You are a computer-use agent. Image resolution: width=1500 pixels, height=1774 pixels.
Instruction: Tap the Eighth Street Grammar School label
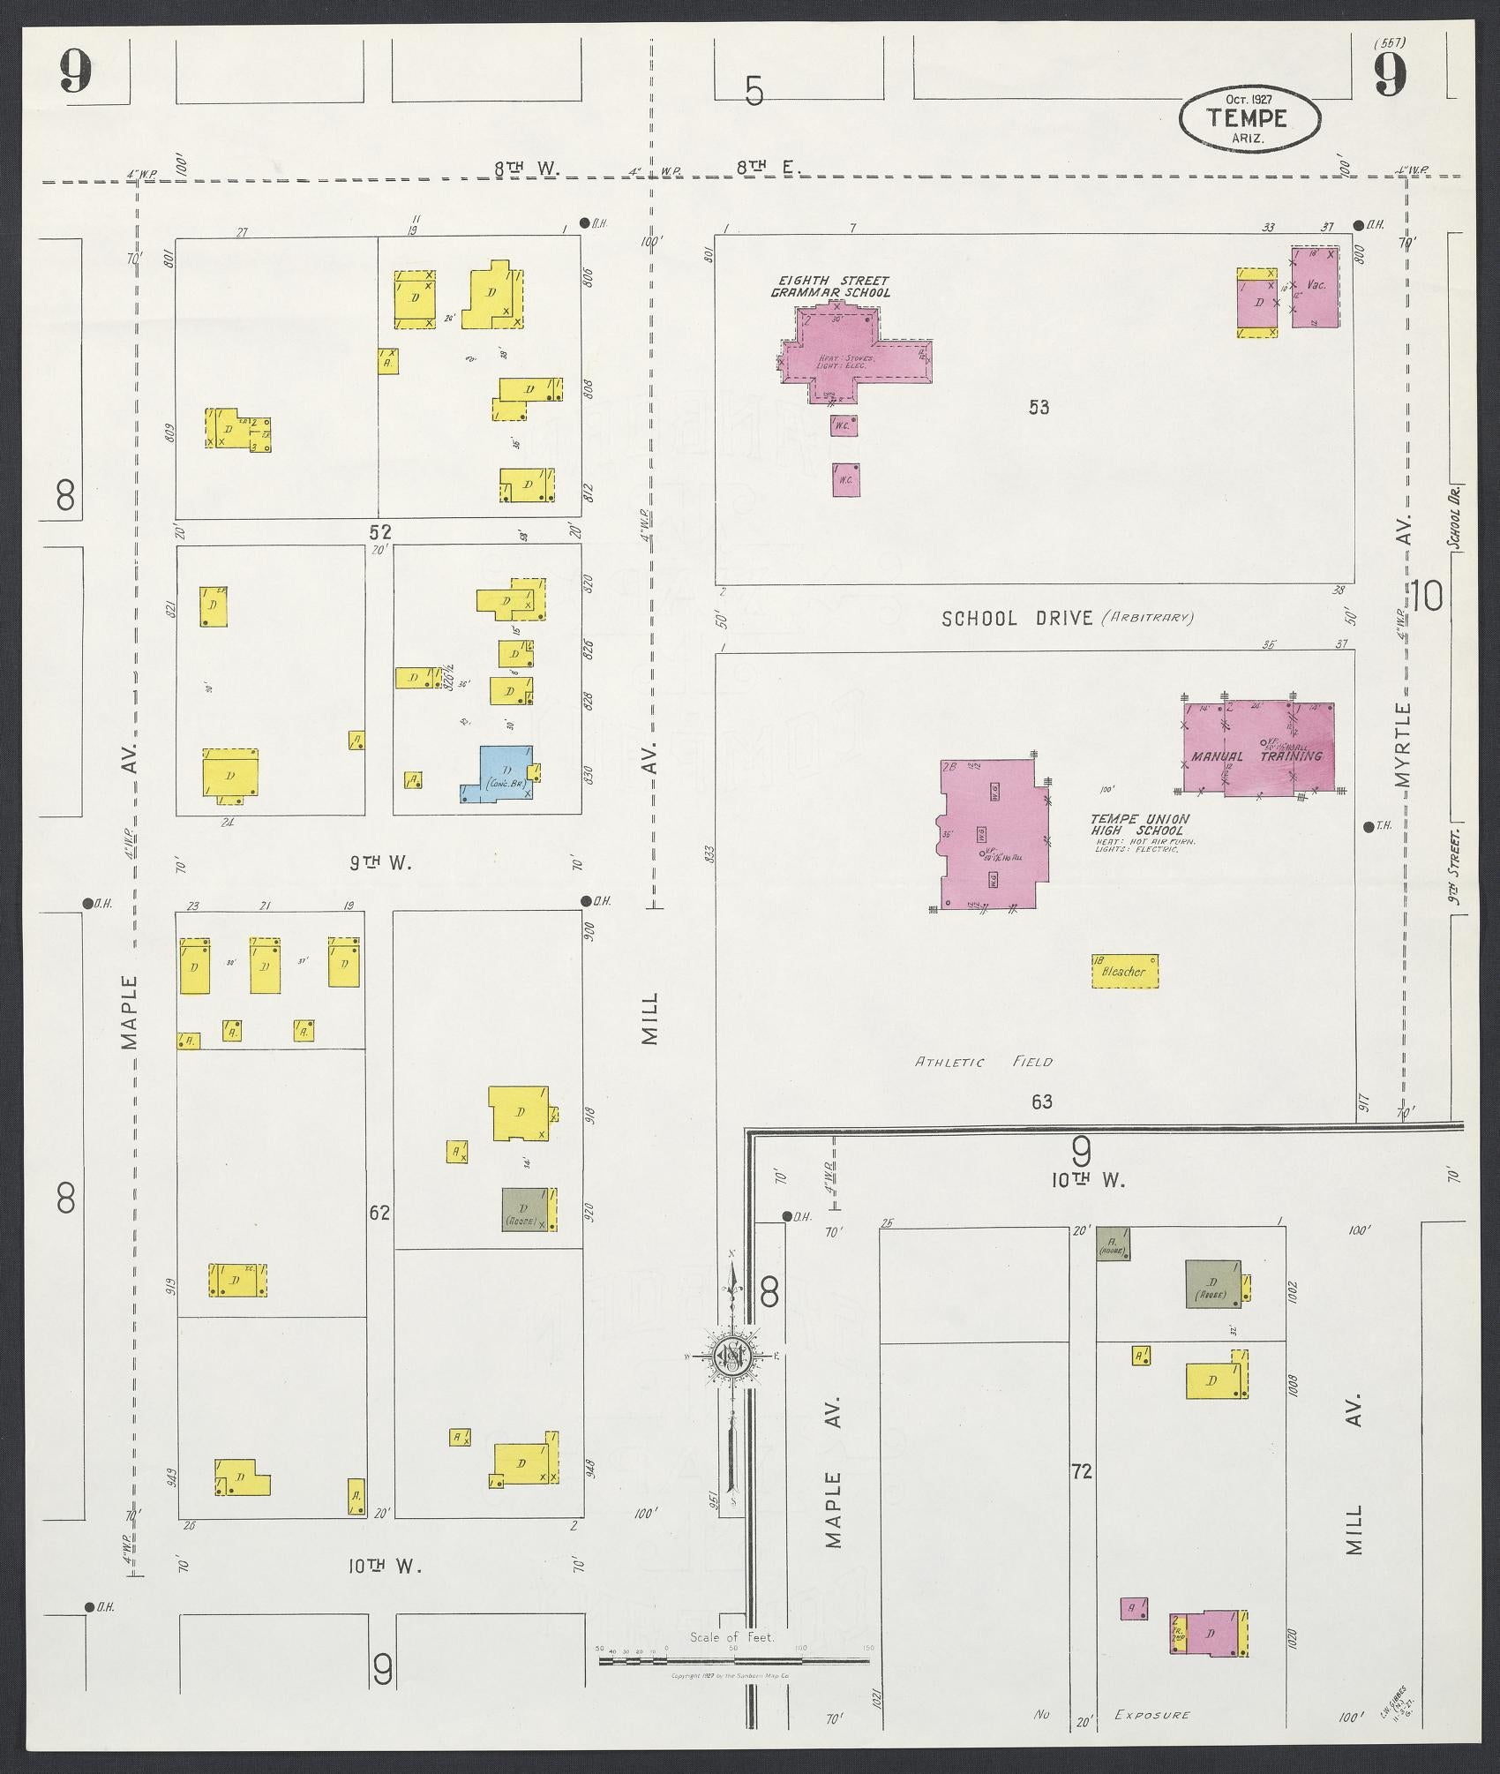829,286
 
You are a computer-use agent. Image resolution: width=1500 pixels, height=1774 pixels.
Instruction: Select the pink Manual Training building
1258,749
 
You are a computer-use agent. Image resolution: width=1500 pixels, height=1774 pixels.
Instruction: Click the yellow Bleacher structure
1124,971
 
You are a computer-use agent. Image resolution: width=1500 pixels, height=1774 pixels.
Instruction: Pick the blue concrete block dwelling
503,774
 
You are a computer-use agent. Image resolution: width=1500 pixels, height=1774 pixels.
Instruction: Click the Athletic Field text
983,1063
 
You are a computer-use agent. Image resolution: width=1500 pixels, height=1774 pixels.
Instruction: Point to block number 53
1039,407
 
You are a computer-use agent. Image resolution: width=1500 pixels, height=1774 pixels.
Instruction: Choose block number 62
379,1213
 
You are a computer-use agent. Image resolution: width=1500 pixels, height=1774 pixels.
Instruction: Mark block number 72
1082,1471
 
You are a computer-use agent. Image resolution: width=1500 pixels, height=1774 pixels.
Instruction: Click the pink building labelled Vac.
1316,287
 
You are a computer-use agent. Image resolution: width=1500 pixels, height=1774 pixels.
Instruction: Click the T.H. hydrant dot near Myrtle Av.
1367,827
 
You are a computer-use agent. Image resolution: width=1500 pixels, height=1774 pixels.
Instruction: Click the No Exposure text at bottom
1116,1715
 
